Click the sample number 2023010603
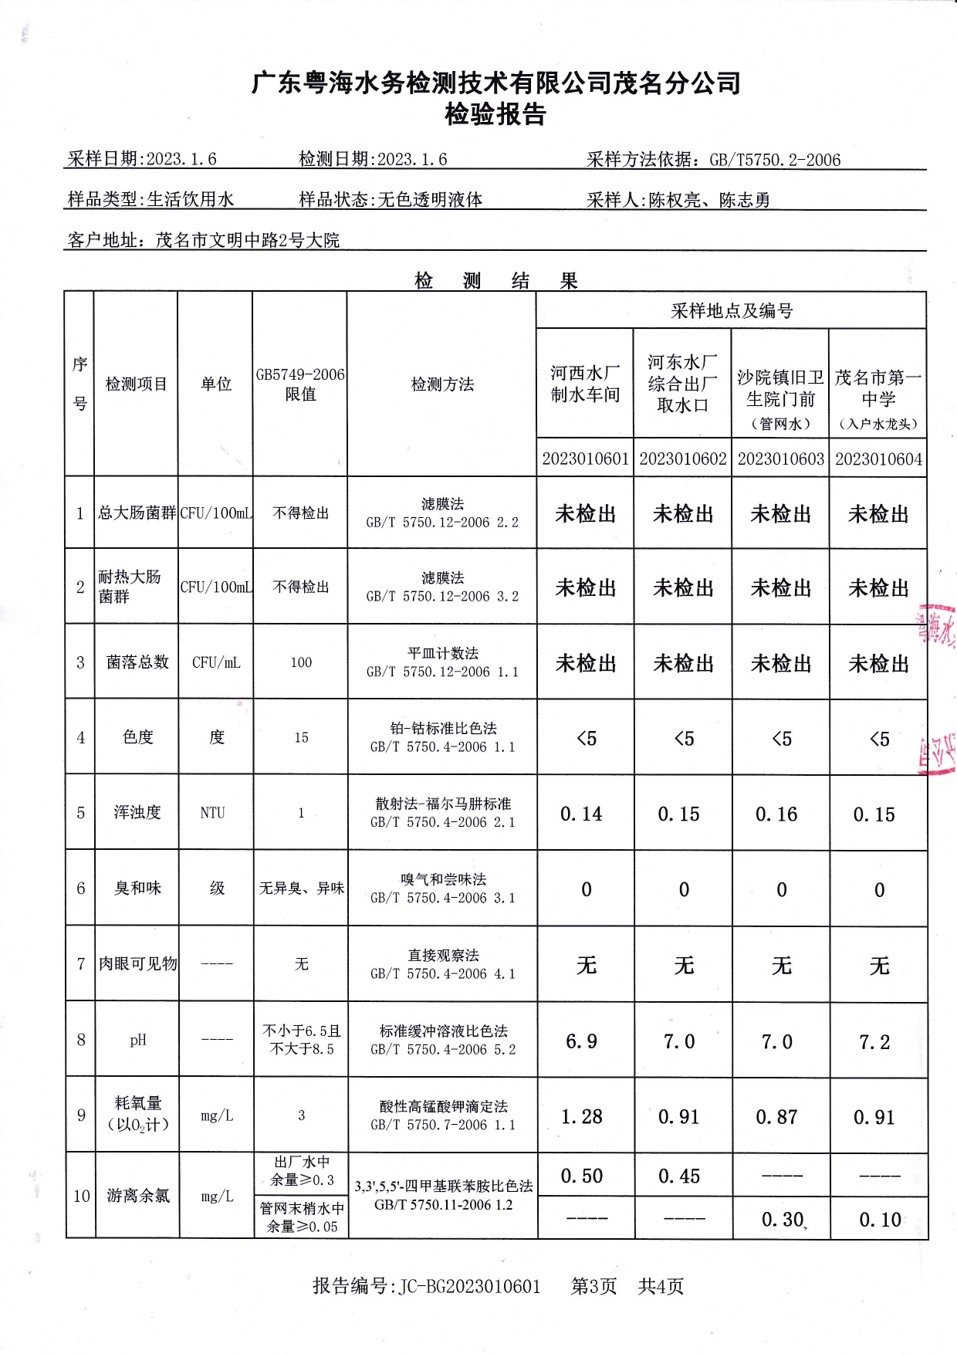pos(780,459)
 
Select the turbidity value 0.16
pos(776,814)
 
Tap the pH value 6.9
pos(581,1041)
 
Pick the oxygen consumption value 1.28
pos(581,1117)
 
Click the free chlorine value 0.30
pos(782,1220)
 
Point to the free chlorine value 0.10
pos(880,1220)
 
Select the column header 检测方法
pos(442,384)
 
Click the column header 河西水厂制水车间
pos(585,384)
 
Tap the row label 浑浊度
pos(137,813)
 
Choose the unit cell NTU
pos(212,813)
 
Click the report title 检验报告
pos(495,114)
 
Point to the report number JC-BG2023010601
pos(469,1286)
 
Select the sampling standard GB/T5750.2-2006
pos(775,160)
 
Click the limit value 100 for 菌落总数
pos(301,662)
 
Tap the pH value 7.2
pos(874,1042)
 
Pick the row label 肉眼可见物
pos(137,964)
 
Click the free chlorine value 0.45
pos(679,1176)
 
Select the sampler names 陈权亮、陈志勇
pos(709,200)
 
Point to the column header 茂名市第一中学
pos(878,388)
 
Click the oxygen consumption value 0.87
pos(776,1117)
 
